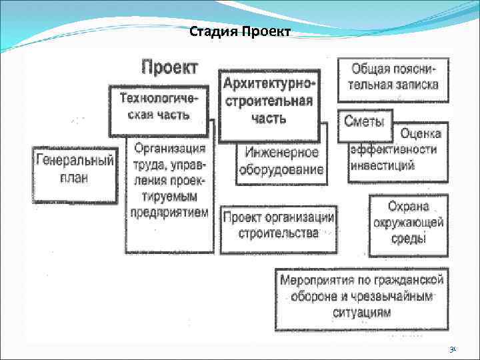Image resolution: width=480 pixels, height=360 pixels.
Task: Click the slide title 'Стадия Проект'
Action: tap(239, 32)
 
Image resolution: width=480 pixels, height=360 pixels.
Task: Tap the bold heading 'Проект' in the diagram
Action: tap(169, 67)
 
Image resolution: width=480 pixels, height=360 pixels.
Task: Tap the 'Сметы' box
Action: tap(364, 121)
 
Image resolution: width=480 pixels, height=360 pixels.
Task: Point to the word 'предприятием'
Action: tap(170, 213)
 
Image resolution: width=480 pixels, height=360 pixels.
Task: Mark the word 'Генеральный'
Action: tap(74, 161)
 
